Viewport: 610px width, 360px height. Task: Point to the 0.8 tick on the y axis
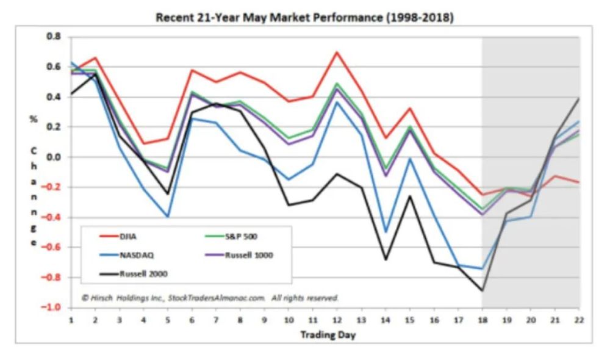(54, 37)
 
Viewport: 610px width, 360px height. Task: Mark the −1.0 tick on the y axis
(52, 308)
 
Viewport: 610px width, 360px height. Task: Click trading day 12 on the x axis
(337, 320)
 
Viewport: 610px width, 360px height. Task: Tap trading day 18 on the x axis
(482, 320)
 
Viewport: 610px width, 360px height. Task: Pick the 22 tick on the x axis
(579, 320)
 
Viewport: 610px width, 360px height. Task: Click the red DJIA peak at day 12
(337, 52)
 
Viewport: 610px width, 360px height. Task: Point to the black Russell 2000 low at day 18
(482, 290)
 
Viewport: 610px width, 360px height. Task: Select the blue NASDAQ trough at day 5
(167, 217)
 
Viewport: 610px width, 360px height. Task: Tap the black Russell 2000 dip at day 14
(385, 259)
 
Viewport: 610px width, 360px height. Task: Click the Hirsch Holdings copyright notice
(210, 298)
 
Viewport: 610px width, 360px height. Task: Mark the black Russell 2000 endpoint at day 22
(579, 99)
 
